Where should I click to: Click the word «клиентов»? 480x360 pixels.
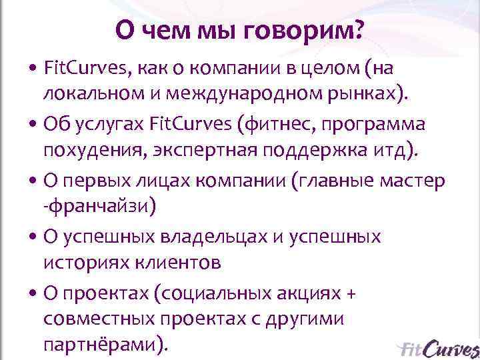[179, 263]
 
